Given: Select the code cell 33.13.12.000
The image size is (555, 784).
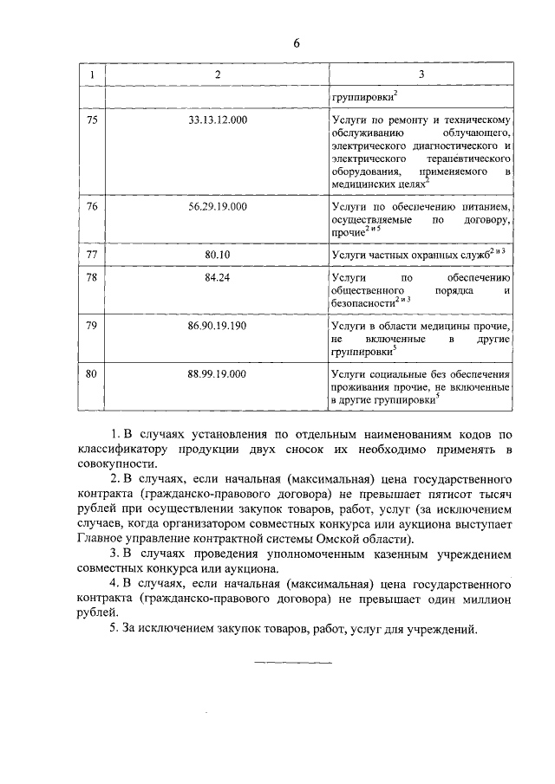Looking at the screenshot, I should (x=218, y=120).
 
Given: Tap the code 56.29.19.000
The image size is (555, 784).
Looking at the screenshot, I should (x=218, y=206).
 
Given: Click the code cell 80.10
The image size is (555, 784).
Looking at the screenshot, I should (x=218, y=255).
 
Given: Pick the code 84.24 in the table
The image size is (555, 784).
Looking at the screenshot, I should (x=218, y=277).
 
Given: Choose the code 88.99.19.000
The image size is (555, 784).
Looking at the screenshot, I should (x=218, y=373).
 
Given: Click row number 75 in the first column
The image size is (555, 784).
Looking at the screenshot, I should (x=93, y=120).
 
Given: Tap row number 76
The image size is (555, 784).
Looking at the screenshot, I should (x=93, y=206).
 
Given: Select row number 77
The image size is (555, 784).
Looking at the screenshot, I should (x=93, y=255).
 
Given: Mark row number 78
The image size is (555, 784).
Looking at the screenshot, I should (x=93, y=277).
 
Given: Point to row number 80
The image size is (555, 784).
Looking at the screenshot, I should (x=93, y=373).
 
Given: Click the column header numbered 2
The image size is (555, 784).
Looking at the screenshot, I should (x=218, y=75).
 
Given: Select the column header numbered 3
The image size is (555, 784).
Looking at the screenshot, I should (x=421, y=75).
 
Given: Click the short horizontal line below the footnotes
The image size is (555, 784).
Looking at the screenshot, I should (x=293, y=663).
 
